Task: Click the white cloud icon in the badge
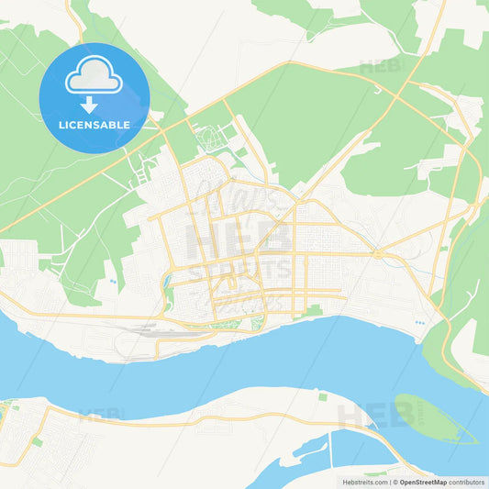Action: point(94,75)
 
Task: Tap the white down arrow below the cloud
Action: point(94,104)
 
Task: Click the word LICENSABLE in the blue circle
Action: point(94,125)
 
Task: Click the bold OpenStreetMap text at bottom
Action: point(418,481)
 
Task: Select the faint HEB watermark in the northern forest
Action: point(379,67)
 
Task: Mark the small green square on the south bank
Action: point(322,396)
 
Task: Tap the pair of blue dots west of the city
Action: point(112,281)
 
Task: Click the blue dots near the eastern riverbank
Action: point(420,323)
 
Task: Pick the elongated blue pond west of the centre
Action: point(168,295)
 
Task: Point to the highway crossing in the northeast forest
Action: point(404,87)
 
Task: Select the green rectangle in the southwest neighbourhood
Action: point(37,442)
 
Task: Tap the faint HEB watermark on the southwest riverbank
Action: point(99,415)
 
